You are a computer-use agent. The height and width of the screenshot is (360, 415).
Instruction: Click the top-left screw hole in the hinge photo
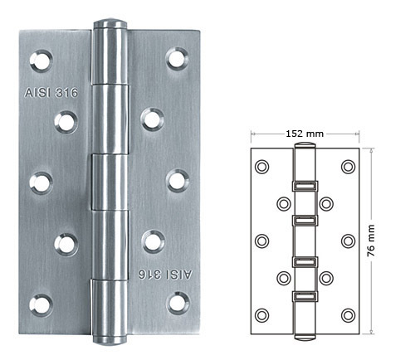tap(41, 59)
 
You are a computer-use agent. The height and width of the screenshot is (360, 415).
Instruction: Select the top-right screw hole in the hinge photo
tap(178, 59)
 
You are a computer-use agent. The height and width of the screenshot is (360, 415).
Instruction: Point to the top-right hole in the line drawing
tap(346, 167)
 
